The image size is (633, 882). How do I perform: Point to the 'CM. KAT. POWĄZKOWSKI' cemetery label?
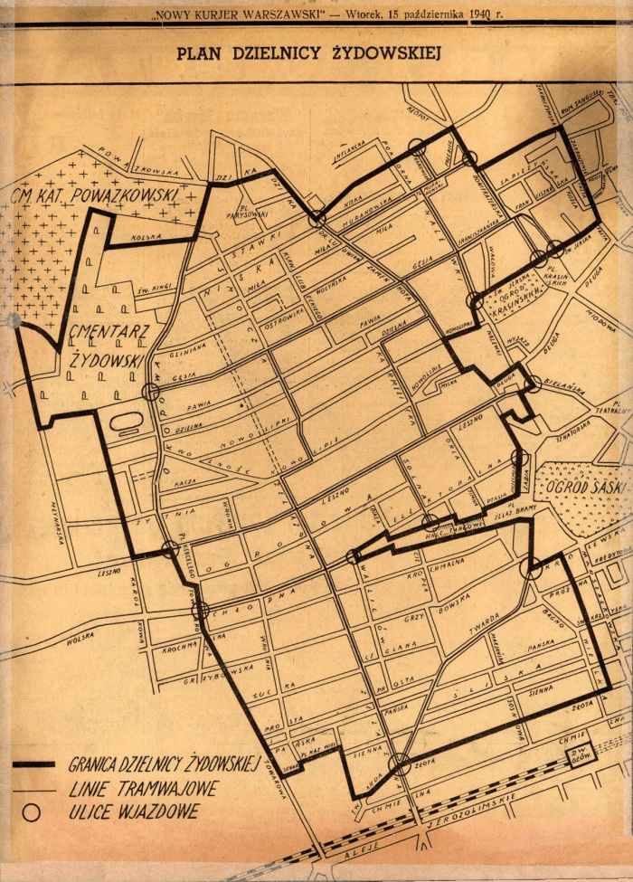click(x=99, y=196)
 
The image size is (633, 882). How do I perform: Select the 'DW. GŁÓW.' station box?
click(x=578, y=754)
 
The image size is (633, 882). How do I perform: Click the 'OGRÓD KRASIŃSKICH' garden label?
click(x=515, y=299)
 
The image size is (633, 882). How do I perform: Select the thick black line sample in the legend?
click(x=33, y=764)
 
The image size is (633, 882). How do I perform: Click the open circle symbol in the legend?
click(x=31, y=812)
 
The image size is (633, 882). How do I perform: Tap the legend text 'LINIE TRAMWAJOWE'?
click(x=143, y=789)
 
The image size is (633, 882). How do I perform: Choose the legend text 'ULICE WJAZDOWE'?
click(x=133, y=812)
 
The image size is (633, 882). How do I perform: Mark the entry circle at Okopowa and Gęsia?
click(x=151, y=392)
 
